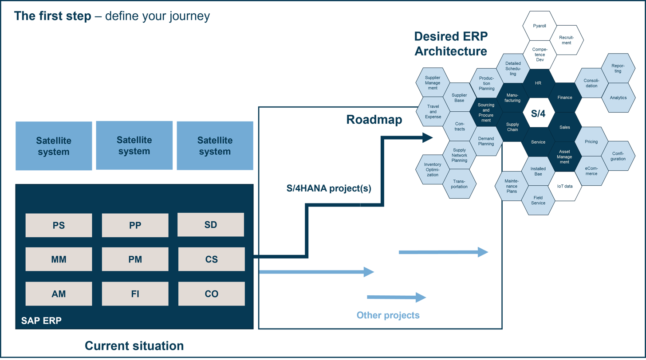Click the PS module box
click(59, 225)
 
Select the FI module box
click(135, 294)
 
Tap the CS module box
click(211, 259)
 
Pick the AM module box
click(59, 294)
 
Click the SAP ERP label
click(41, 321)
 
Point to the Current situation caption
click(134, 346)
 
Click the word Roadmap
click(374, 120)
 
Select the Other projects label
click(388, 315)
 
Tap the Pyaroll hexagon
click(540, 26)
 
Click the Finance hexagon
click(565, 98)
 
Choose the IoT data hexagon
click(565, 186)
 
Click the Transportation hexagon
click(459, 184)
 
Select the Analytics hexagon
click(618, 98)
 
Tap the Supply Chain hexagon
click(512, 127)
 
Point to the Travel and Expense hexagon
click(433, 112)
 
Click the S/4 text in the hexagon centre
click(538, 114)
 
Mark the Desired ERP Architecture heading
click(451, 44)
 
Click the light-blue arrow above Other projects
click(396, 297)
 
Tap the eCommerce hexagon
click(591, 171)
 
